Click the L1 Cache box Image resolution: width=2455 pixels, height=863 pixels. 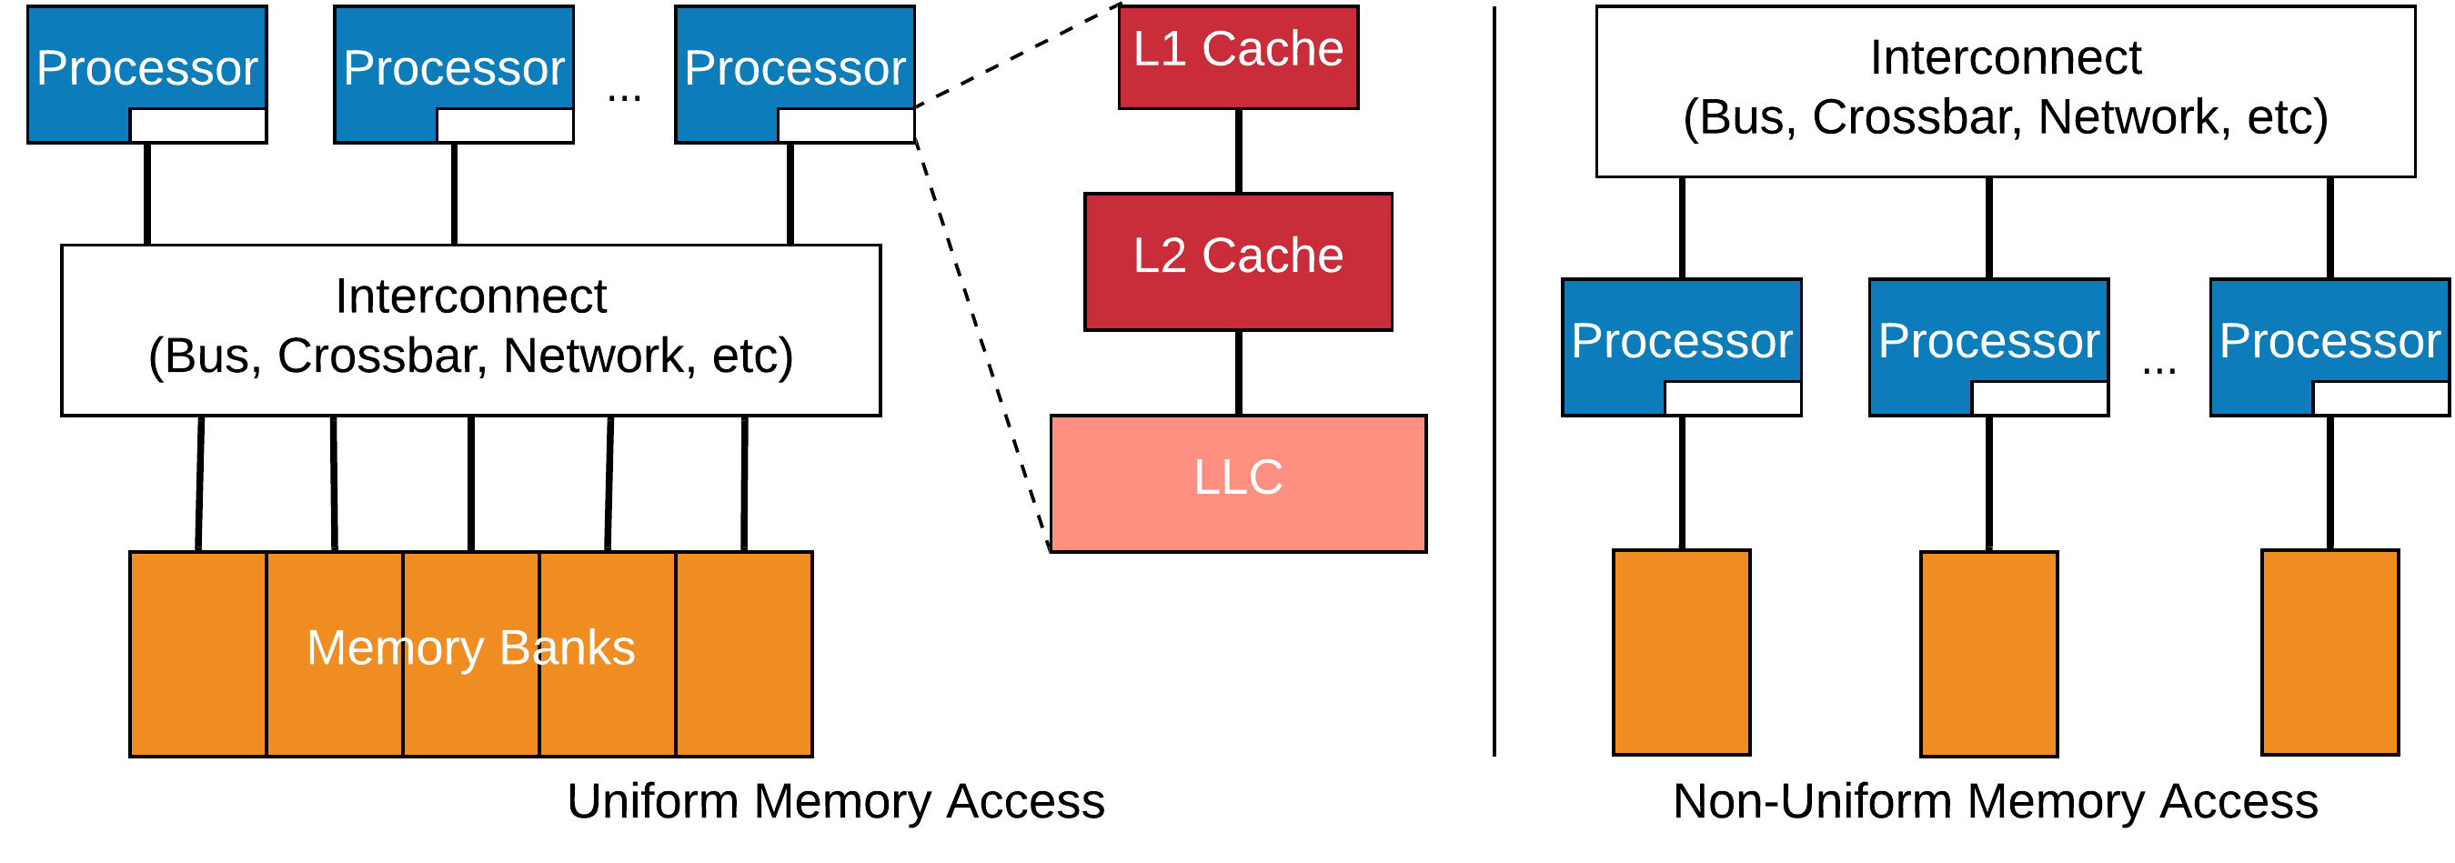pos(1237,57)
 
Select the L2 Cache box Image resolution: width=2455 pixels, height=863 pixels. pos(1238,261)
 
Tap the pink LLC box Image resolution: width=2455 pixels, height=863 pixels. pos(1238,483)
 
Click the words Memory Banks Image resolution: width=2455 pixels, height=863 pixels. pos(471,647)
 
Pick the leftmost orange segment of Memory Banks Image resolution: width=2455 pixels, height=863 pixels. pos(198,654)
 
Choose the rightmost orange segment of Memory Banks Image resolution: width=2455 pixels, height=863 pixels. pos(743,654)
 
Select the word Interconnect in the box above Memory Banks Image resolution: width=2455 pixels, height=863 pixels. pos(471,296)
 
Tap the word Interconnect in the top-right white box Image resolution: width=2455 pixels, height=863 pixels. pos(2005,58)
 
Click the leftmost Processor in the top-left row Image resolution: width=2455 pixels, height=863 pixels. pos(146,66)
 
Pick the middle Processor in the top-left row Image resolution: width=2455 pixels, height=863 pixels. pos(454,66)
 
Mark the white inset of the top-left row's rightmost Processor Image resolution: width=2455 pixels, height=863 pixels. pos(845,125)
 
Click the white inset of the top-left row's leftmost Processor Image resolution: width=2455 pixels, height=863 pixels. pos(197,125)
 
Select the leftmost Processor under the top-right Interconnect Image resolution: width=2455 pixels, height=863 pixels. pos(1681,340)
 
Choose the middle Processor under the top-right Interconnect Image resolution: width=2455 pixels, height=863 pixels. pos(1988,340)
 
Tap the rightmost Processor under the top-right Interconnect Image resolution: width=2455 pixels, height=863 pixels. pos(2329,340)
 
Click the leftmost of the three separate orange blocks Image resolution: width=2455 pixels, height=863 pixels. pos(1681,653)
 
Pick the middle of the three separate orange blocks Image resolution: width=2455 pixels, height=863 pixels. pos(1988,654)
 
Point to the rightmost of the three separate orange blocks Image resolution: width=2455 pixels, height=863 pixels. pos(2329,653)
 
